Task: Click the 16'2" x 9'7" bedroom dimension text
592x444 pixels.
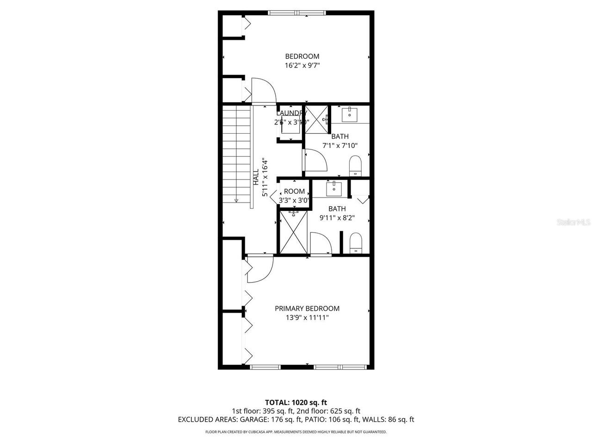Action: point(302,66)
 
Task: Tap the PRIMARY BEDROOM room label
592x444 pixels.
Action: point(307,308)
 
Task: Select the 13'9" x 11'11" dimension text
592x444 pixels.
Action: point(307,318)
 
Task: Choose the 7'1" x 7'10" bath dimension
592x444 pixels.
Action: point(340,146)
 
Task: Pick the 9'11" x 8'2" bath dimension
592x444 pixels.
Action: point(337,218)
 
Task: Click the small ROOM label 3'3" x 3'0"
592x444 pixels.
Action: point(294,191)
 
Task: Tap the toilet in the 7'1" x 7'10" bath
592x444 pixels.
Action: point(355,166)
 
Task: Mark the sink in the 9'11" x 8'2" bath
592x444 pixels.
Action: point(333,189)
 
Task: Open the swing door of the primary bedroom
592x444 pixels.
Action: point(259,269)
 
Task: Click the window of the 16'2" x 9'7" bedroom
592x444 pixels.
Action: point(296,13)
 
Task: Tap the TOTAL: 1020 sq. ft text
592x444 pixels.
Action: point(296,402)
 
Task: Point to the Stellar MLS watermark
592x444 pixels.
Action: point(573,222)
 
